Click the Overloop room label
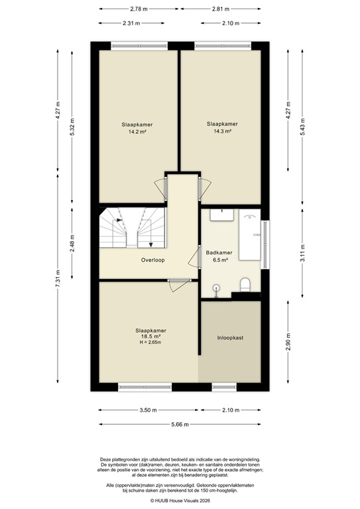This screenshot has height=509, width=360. [x=152, y=260]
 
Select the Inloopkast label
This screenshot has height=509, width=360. [x=230, y=337]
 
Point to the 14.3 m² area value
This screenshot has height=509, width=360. [x=221, y=131]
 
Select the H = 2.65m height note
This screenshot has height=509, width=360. [x=150, y=343]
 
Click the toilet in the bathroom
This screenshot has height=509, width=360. [x=244, y=285]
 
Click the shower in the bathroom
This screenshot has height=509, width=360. [x=251, y=235]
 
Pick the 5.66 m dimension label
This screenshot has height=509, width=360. [x=180, y=424]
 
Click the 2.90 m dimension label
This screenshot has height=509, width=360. [x=288, y=346]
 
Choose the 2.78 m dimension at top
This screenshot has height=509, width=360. [x=138, y=9]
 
